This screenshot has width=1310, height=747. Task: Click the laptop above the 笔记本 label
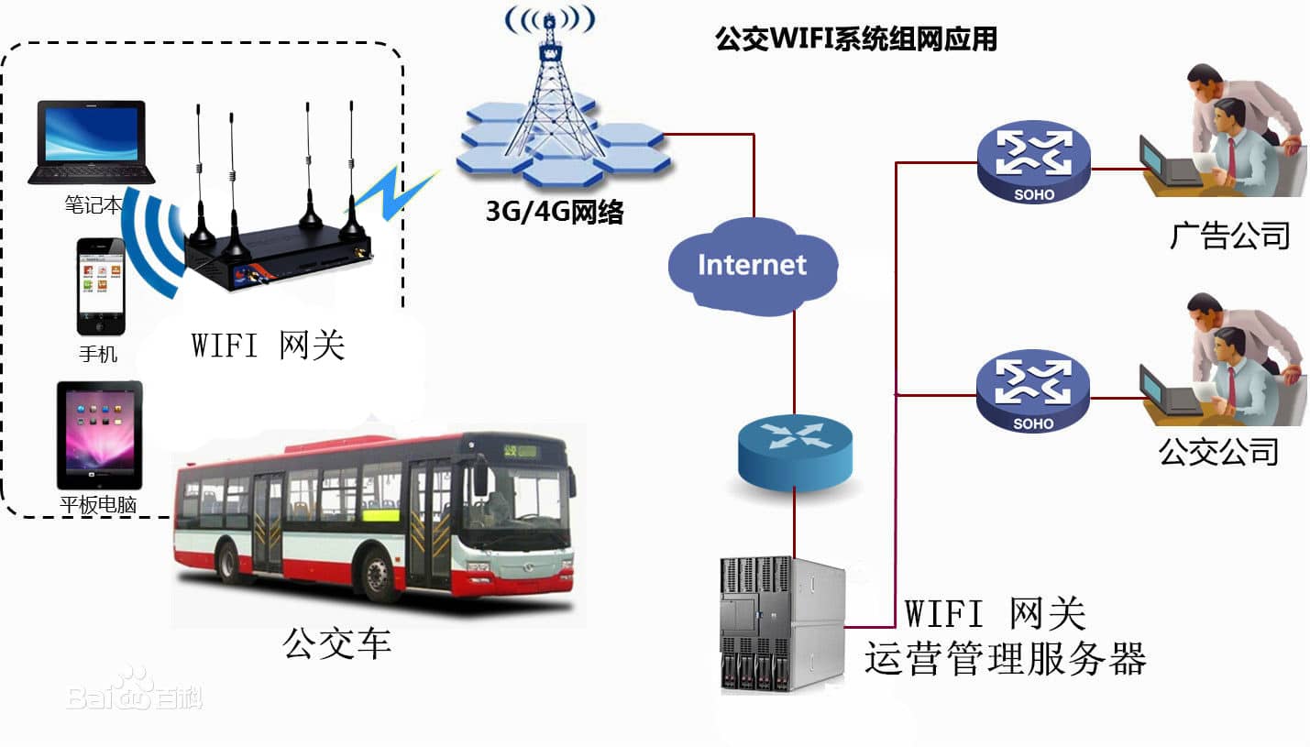click(x=91, y=142)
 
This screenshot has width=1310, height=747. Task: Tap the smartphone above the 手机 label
click(x=100, y=287)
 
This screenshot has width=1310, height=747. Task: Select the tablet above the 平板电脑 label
click(x=99, y=434)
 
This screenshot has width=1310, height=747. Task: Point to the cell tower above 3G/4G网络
click(x=550, y=92)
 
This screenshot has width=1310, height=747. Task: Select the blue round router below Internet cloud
click(x=794, y=450)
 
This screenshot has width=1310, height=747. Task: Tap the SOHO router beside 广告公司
click(x=1033, y=162)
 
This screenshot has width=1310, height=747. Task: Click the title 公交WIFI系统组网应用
click(x=855, y=39)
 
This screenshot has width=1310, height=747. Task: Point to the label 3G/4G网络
click(x=555, y=213)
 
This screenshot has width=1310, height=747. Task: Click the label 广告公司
click(x=1229, y=236)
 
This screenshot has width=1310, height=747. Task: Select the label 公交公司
click(x=1218, y=451)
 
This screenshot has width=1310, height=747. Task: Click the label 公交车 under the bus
click(x=337, y=643)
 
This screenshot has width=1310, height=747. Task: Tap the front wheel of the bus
click(x=378, y=575)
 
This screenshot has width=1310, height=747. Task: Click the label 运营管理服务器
click(x=1005, y=659)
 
